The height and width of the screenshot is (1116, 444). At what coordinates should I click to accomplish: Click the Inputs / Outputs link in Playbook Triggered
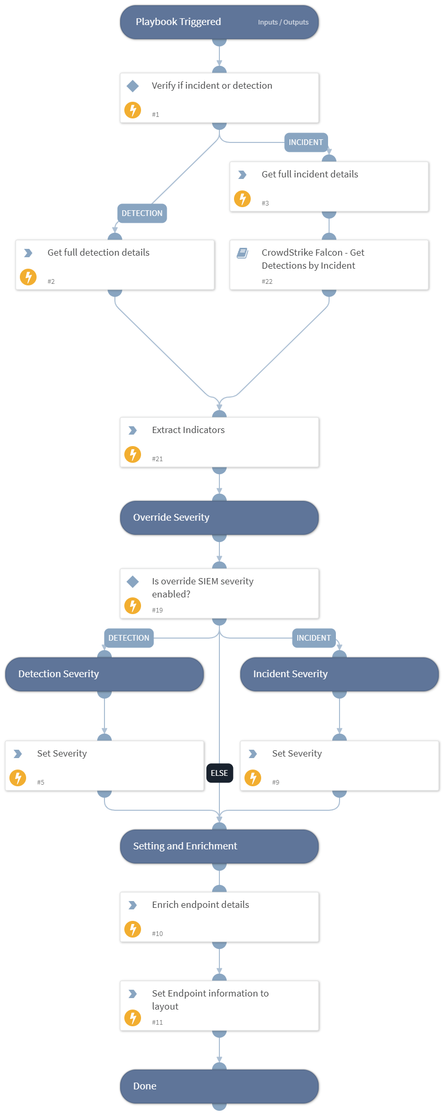coord(283,22)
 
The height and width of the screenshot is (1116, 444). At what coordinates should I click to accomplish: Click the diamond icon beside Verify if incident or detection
coord(133,86)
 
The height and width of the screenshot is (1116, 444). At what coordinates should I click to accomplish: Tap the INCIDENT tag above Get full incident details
coord(306,142)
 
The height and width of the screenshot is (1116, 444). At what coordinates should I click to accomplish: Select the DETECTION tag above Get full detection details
coord(142,213)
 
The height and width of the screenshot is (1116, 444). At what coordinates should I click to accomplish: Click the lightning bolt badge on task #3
coord(242,199)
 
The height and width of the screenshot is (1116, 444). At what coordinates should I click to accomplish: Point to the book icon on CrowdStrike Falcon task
coord(242,253)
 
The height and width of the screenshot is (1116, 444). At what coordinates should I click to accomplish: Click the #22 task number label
coord(267,282)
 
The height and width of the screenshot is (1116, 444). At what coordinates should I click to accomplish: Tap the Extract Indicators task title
coord(188,430)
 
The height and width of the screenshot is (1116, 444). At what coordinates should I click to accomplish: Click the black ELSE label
coord(219,773)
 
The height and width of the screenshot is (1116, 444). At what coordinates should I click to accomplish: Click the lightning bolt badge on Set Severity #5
coord(18,778)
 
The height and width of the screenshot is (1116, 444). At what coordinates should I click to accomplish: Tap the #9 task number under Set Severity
coord(276,783)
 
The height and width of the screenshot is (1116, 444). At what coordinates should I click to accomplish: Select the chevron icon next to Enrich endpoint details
coord(133,905)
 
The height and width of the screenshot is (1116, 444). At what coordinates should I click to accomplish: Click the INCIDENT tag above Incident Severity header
coord(313,638)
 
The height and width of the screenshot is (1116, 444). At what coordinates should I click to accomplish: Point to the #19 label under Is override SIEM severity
coord(157,610)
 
